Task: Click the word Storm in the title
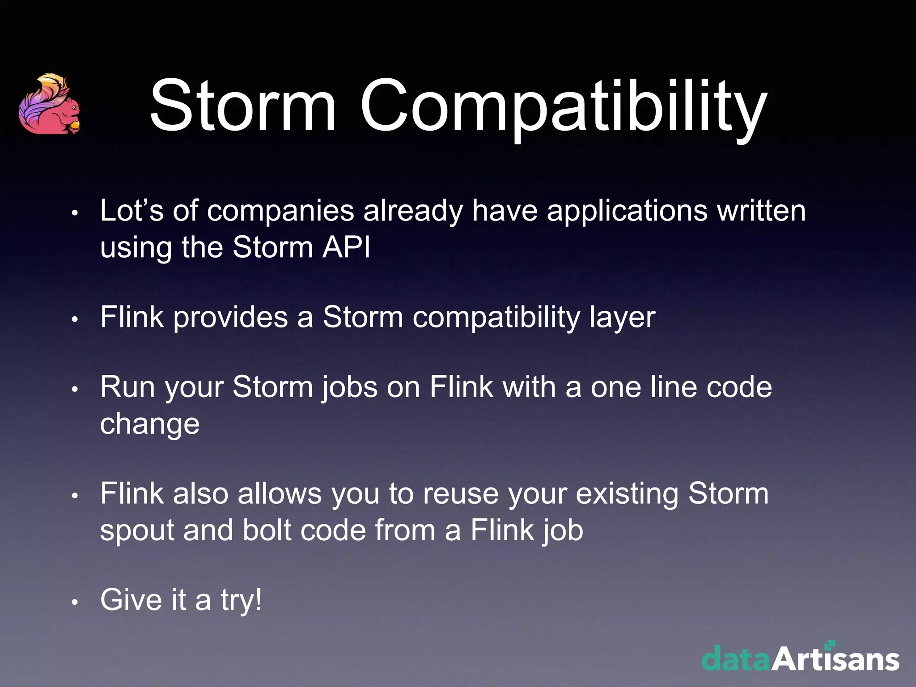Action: pyautogui.click(x=243, y=106)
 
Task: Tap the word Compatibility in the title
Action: pyautogui.click(x=564, y=107)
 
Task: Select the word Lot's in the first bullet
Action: pyautogui.click(x=132, y=210)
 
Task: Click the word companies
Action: pyautogui.click(x=280, y=211)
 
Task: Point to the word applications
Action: pyautogui.click(x=627, y=211)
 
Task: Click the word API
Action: pyautogui.click(x=346, y=247)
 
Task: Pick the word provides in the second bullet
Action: pyautogui.click(x=230, y=318)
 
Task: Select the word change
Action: pyautogui.click(x=150, y=424)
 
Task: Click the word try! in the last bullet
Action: pyautogui.click(x=241, y=600)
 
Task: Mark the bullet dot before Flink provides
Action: pyautogui.click(x=75, y=320)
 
